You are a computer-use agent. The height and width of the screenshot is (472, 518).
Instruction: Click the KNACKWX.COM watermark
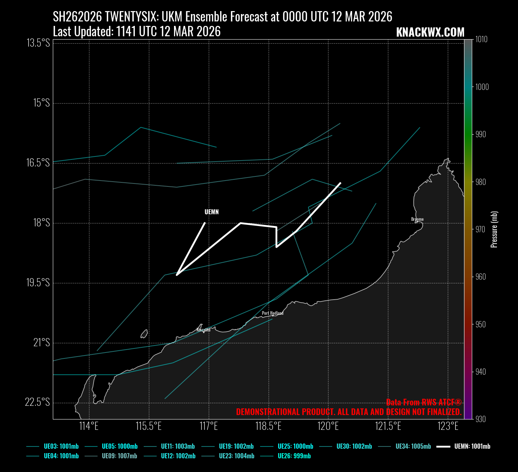(430, 33)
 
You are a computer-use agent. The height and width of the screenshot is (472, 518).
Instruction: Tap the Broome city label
(417, 219)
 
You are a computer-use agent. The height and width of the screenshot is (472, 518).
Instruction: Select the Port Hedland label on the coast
(273, 313)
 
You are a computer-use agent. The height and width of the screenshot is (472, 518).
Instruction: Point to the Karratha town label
(203, 330)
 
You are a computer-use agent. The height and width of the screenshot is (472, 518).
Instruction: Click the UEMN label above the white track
(212, 212)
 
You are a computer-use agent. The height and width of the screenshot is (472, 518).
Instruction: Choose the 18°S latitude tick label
(41, 223)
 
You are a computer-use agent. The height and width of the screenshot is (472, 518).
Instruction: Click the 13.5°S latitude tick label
(38, 43)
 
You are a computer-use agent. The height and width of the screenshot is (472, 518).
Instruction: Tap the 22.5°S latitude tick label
(37, 402)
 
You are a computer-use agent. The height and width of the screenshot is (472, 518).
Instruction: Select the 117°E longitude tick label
(209, 426)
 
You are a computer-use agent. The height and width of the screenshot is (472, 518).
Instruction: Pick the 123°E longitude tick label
(448, 426)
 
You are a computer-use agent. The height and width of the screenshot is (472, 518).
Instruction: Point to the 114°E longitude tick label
(89, 426)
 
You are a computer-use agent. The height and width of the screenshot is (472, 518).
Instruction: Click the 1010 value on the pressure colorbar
(481, 40)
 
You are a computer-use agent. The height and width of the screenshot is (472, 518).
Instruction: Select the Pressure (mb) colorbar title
(494, 229)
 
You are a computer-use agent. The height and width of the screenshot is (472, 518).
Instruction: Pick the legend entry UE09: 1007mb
(119, 456)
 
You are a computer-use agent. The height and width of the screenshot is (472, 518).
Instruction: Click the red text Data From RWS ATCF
(424, 402)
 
